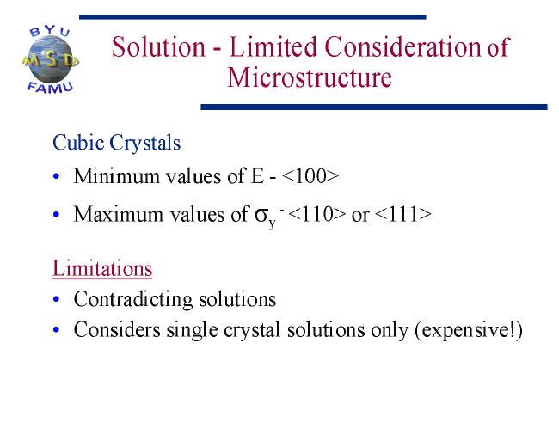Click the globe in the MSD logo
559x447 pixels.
tap(50, 60)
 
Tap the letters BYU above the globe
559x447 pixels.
tap(50, 31)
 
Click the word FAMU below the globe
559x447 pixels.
tap(50, 88)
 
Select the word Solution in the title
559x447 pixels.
tap(158, 46)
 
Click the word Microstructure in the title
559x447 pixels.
tap(310, 77)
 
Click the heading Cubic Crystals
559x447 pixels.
tap(117, 143)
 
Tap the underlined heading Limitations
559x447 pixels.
tap(102, 268)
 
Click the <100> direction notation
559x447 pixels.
tap(310, 176)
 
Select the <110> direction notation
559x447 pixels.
tap(317, 214)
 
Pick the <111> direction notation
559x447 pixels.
tap(403, 214)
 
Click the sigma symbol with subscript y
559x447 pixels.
tap(265, 217)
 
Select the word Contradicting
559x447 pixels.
tap(133, 299)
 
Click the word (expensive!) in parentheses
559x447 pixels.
tap(469, 330)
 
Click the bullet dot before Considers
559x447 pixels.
tap(56, 330)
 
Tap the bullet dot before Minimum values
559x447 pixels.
tap(56, 176)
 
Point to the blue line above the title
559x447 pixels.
tap(252, 17)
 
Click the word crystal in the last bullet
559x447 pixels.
tap(252, 330)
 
